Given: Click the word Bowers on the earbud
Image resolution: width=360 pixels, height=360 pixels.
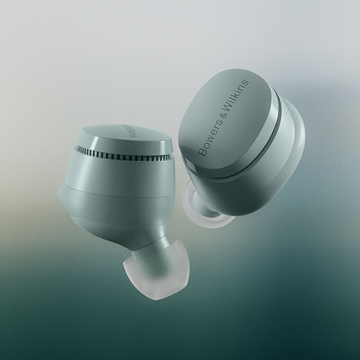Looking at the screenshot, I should click(x=209, y=140).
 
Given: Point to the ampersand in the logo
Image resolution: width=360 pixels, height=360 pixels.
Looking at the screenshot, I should click(x=222, y=120).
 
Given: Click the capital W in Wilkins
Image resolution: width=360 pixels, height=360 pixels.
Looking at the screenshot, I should click(x=228, y=111).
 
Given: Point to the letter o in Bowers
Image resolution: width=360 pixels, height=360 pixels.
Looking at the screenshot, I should click(x=204, y=145).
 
